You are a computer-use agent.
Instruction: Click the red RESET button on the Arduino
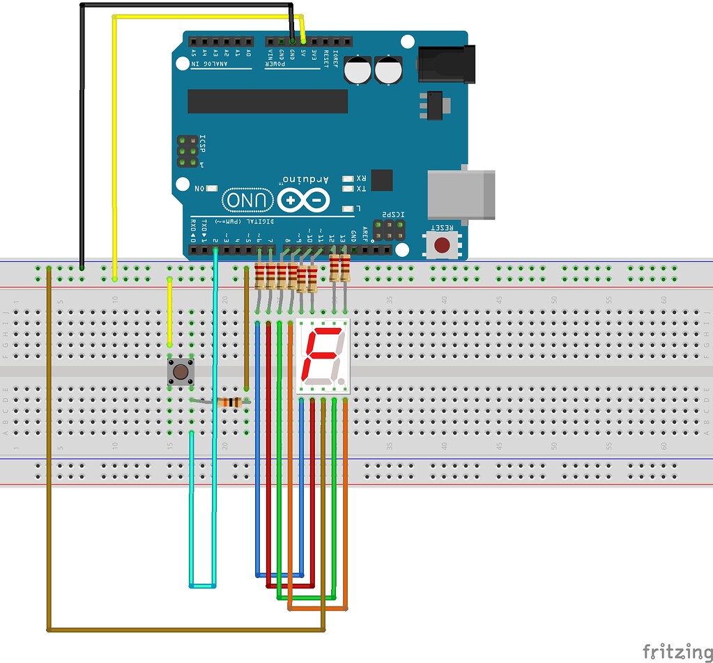pos(442,244)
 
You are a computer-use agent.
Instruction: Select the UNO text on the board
pos(248,201)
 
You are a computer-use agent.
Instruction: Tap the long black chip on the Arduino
pos(267,101)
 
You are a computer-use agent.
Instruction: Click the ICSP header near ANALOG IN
pos(186,151)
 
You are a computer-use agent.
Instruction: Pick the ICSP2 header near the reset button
pos(389,231)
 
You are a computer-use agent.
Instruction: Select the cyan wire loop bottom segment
pos(202,585)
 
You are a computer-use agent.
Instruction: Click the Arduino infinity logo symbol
pos(302,201)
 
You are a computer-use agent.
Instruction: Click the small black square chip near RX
pos(381,180)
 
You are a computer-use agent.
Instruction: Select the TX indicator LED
pos(348,189)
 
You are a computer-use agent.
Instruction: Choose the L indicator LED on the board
pos(348,208)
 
